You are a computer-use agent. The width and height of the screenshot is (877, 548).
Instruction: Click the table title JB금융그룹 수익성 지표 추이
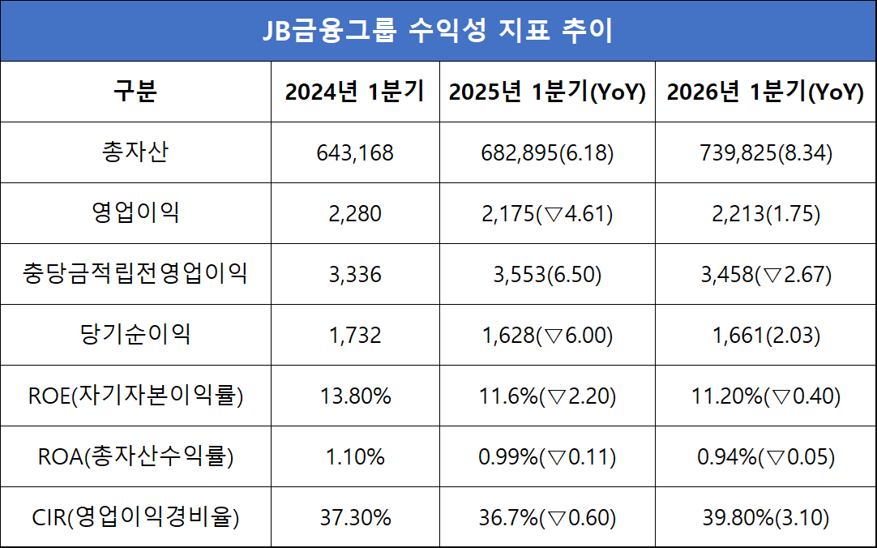pyautogui.click(x=438, y=31)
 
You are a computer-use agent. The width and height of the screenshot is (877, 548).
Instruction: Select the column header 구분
pyautogui.click(x=135, y=92)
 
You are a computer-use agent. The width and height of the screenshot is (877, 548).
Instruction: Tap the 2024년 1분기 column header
pyautogui.click(x=355, y=92)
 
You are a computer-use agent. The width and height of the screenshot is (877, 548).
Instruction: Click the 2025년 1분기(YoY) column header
pyautogui.click(x=547, y=92)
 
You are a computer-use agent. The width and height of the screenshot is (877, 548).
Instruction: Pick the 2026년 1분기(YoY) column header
pyautogui.click(x=765, y=92)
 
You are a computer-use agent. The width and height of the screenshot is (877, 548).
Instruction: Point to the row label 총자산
pyautogui.click(x=135, y=152)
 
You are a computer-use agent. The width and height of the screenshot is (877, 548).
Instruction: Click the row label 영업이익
pyautogui.click(x=135, y=213)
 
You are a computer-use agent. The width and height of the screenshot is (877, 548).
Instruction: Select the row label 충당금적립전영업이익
pyautogui.click(x=135, y=274)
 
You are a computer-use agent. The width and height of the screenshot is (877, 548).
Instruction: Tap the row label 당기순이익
pyautogui.click(x=135, y=335)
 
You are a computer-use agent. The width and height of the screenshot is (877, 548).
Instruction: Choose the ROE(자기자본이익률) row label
pyautogui.click(x=135, y=396)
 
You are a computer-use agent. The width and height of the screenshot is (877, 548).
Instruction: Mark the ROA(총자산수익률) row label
pyautogui.click(x=135, y=456)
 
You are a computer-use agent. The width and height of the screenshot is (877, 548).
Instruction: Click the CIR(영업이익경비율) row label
pyautogui.click(x=135, y=517)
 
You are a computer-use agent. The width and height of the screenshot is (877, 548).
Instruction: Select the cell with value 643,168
pyautogui.click(x=355, y=153)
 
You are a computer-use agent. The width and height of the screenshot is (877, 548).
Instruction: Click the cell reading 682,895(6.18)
pyautogui.click(x=547, y=153)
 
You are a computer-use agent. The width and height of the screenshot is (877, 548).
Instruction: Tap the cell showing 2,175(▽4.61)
pyautogui.click(x=547, y=214)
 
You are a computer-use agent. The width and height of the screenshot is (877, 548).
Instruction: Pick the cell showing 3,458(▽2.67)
pyautogui.click(x=765, y=275)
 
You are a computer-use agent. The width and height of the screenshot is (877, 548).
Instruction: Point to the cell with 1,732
pyautogui.click(x=355, y=336)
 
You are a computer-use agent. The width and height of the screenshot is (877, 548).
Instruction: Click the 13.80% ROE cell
pyautogui.click(x=355, y=396)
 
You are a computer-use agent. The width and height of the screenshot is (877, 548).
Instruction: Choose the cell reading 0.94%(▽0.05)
pyautogui.click(x=765, y=457)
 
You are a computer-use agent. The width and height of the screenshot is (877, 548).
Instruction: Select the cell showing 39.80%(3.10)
pyautogui.click(x=765, y=518)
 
